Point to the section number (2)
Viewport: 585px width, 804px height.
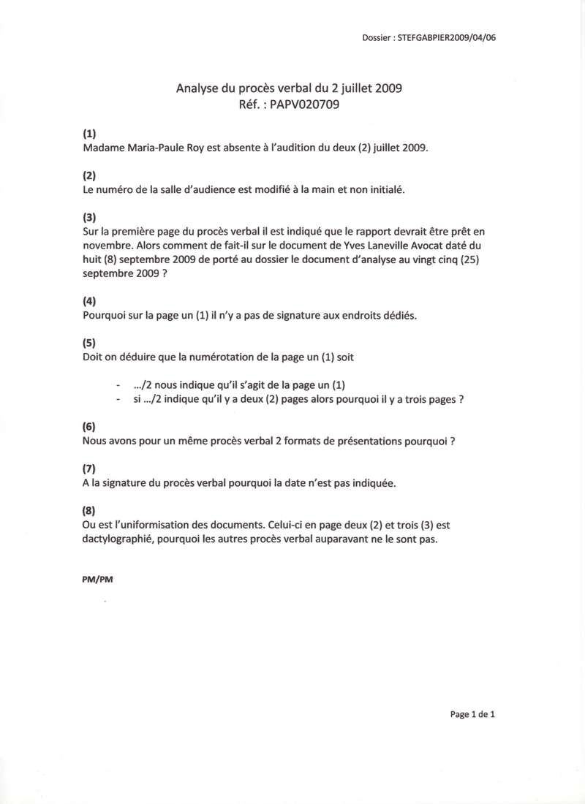coord(89,175)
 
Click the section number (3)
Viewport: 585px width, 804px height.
coord(89,217)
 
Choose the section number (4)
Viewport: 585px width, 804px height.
coord(89,300)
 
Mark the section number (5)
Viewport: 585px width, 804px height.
coord(89,342)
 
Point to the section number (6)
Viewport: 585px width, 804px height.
coord(89,426)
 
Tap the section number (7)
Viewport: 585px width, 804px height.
coord(89,468)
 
